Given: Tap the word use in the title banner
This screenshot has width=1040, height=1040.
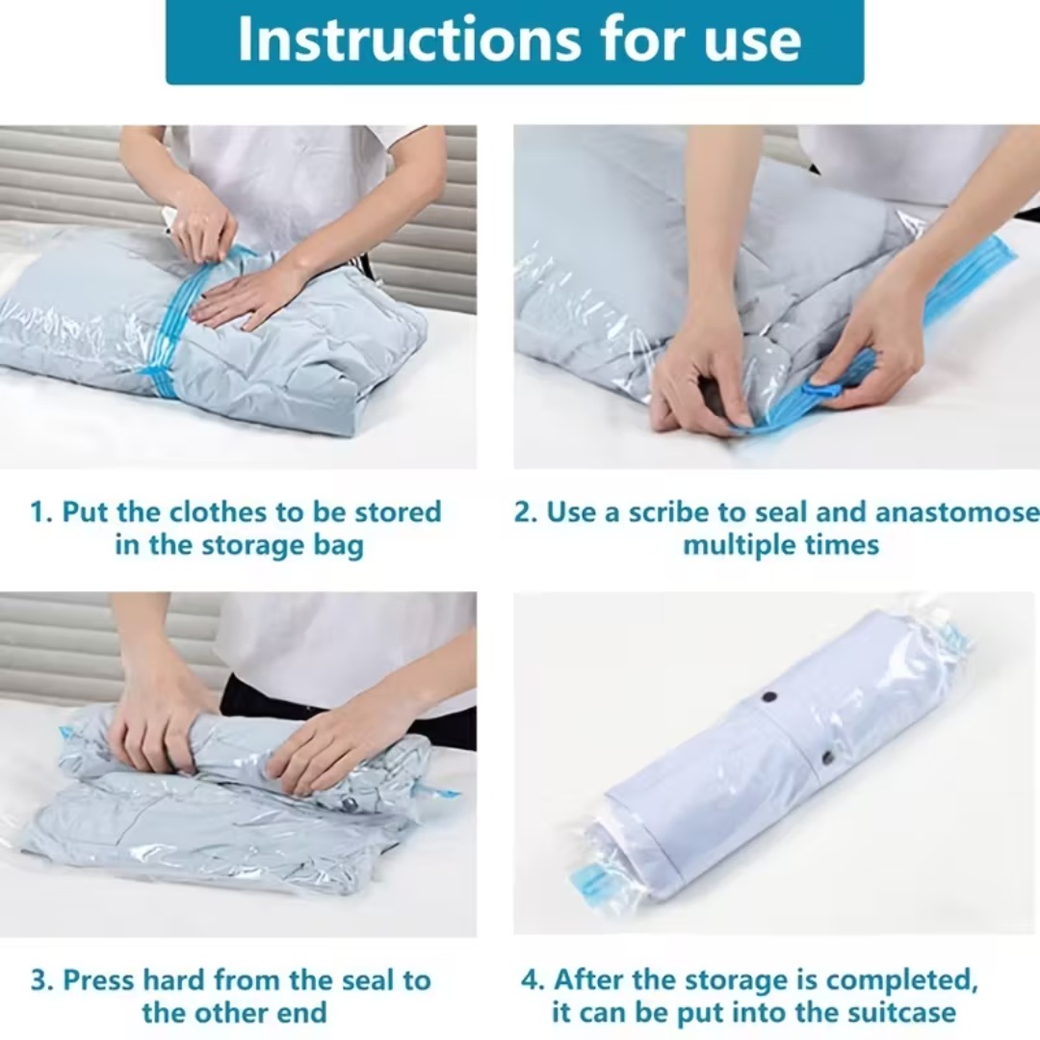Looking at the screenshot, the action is [x=753, y=41].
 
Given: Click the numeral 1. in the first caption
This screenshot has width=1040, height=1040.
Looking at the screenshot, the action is [x=41, y=512].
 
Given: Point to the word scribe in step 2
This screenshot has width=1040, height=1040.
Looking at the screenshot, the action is [x=669, y=512].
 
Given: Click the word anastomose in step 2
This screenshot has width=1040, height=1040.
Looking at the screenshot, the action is [x=957, y=512].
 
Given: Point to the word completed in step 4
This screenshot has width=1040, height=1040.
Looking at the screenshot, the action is [x=902, y=980].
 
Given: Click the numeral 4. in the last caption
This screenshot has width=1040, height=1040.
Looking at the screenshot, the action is [x=533, y=980].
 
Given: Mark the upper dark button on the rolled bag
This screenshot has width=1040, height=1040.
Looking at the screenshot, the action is [x=769, y=698].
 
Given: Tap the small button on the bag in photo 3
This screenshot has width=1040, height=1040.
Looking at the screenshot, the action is [x=347, y=806].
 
